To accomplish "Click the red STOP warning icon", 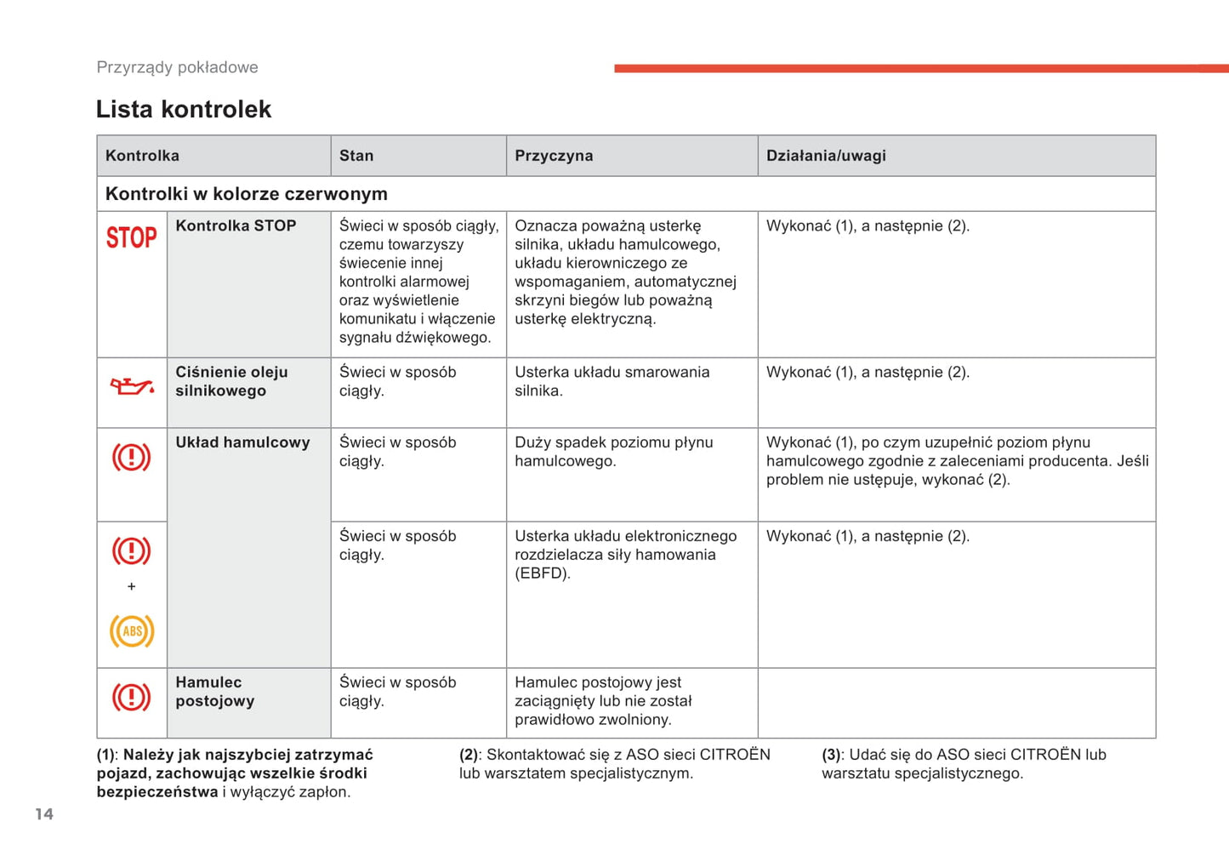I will [131, 237].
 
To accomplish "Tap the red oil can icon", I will [132, 386].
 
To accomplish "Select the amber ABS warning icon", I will [132, 630].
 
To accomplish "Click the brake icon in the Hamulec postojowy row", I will [132, 698].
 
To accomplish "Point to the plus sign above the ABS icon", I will [131, 586].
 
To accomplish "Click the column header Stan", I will [356, 156].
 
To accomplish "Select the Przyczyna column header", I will [554, 156].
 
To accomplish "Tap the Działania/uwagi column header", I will [826, 156].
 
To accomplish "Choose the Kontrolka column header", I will [142, 156].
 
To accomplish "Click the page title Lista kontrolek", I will [184, 109].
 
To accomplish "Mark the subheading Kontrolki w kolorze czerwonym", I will [247, 194].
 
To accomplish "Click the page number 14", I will [44, 814].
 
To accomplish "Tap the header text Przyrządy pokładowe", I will [177, 67].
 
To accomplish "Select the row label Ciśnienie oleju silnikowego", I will [231, 381].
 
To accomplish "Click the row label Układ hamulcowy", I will [242, 442].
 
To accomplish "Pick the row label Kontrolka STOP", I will [236, 225].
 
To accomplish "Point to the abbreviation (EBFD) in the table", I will [543, 573].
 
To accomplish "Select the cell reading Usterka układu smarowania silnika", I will [612, 381].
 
